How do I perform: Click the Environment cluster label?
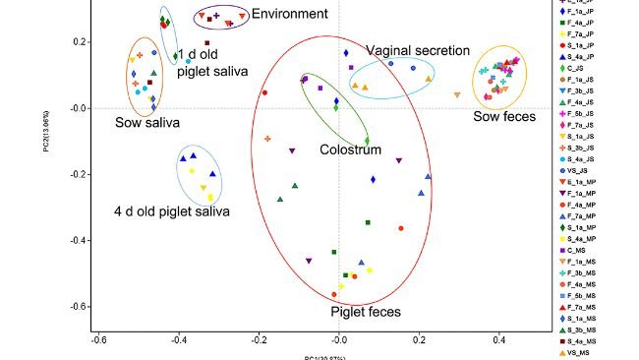290,14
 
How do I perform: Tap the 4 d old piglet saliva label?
172,210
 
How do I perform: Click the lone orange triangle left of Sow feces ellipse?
457,94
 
